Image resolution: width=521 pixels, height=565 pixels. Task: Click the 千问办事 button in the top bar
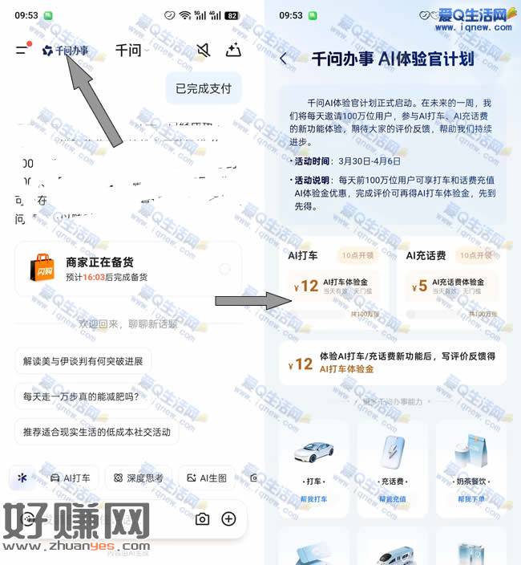pyautogui.click(x=66, y=51)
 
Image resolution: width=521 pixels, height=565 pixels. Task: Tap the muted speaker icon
pyautogui.click(x=204, y=51)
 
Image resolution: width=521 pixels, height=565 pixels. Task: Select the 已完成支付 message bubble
pyautogui.click(x=204, y=88)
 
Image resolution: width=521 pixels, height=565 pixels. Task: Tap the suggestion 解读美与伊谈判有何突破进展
pyautogui.click(x=83, y=361)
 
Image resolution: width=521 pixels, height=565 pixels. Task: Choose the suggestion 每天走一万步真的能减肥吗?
pyautogui.click(x=80, y=396)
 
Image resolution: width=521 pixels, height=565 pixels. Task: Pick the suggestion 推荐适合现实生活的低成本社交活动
pyautogui.click(x=96, y=432)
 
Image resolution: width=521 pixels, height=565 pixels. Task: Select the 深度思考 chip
pyautogui.click(x=139, y=478)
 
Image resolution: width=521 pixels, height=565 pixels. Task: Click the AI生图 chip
pyautogui.click(x=207, y=478)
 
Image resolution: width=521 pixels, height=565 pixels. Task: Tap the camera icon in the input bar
pyautogui.click(x=202, y=518)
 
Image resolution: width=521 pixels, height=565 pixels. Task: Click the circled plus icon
pyautogui.click(x=228, y=518)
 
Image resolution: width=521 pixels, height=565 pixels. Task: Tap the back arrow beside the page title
pyautogui.click(x=284, y=59)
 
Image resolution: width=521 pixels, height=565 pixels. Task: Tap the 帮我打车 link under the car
pyautogui.click(x=313, y=498)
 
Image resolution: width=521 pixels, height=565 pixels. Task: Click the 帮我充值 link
pyautogui.click(x=392, y=498)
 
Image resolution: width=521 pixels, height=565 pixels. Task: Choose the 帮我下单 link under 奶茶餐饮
pyautogui.click(x=471, y=498)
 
